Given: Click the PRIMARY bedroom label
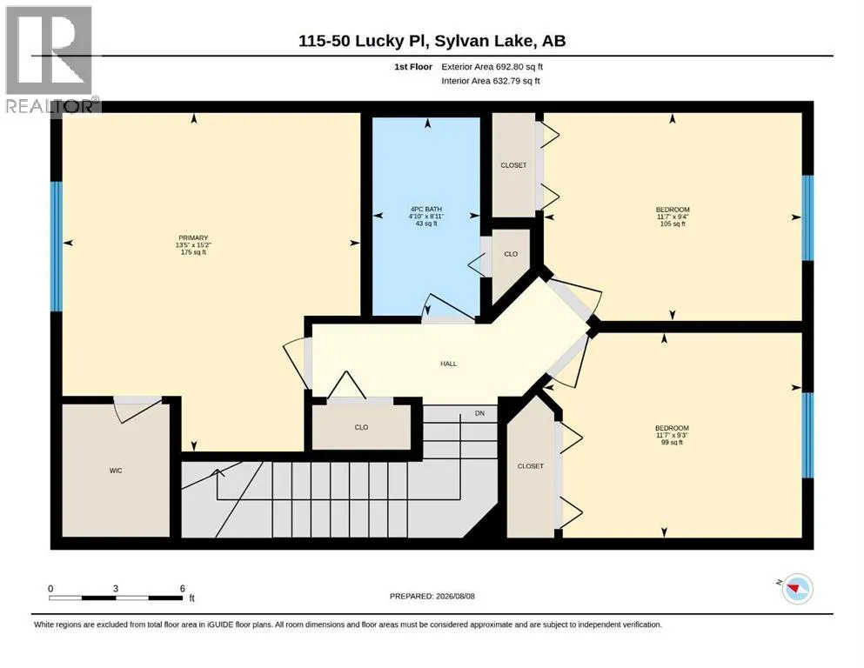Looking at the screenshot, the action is click(x=193, y=238).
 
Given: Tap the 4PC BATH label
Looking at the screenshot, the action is click(x=426, y=210).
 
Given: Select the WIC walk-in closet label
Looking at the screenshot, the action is click(x=116, y=471).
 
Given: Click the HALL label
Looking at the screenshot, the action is click(x=448, y=364).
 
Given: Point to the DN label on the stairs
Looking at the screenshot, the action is click(x=480, y=413).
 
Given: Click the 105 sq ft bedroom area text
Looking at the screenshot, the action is click(x=673, y=224).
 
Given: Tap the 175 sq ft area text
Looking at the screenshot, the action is click(x=193, y=252).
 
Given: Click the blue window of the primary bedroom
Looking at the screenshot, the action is click(x=57, y=246).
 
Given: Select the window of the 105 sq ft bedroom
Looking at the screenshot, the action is click(x=807, y=217).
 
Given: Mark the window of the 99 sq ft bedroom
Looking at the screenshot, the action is click(x=807, y=435).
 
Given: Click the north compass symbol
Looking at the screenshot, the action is click(x=797, y=588).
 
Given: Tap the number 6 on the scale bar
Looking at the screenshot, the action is click(x=183, y=588).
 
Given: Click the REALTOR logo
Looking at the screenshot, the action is click(x=50, y=59).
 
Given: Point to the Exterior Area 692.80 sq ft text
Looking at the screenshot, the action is click(x=492, y=67).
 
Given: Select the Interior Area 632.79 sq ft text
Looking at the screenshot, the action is click(x=491, y=81).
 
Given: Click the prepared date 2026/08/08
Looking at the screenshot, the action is click(x=455, y=596).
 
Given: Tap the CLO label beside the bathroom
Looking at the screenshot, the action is click(x=511, y=254).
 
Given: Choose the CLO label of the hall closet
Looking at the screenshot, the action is click(x=361, y=427).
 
